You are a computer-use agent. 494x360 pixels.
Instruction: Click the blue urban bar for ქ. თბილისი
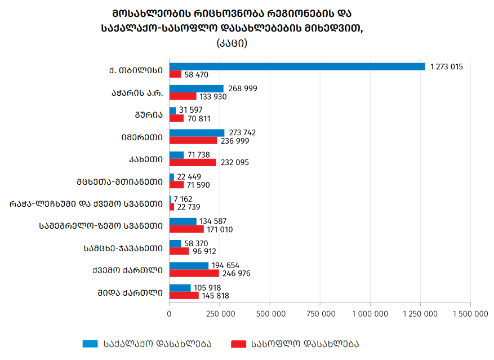pyautogui.click(x=297, y=66)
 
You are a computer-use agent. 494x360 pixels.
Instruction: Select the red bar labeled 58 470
pyautogui.click(x=175, y=74)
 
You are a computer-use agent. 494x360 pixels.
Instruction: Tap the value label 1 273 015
pyautogui.click(x=446, y=66)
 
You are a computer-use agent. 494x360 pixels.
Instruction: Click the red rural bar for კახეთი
pyautogui.click(x=193, y=162)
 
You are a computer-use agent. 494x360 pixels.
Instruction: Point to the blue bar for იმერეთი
pyautogui.click(x=197, y=133)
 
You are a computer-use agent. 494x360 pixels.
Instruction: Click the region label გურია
pyautogui.click(x=148, y=114)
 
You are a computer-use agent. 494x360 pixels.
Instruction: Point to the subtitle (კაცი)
pyautogui.click(x=232, y=43)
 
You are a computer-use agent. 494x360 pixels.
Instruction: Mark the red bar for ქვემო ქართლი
pyautogui.click(x=194, y=273)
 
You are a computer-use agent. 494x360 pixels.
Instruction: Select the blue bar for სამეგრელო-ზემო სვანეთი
pyautogui.click(x=183, y=221)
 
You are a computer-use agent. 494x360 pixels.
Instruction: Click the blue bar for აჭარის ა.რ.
pyautogui.click(x=196, y=88)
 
